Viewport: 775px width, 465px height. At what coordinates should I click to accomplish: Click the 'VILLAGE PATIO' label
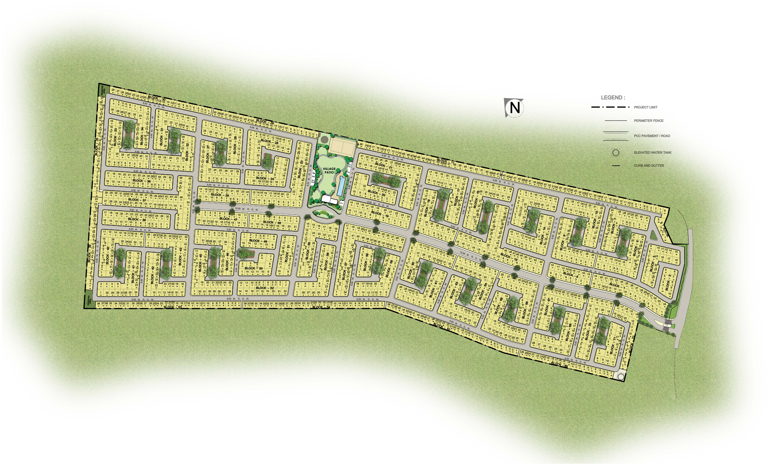click(x=329, y=170)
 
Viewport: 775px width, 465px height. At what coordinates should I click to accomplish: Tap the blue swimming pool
click(x=341, y=186)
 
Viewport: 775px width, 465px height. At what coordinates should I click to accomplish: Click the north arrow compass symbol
click(x=514, y=107)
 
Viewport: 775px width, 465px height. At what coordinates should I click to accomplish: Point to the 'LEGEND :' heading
click(x=613, y=98)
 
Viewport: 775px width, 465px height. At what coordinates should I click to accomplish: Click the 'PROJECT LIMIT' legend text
click(x=646, y=107)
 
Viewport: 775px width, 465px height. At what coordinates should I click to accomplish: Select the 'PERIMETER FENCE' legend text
click(x=649, y=121)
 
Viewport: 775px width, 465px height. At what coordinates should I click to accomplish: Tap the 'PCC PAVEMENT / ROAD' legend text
click(x=652, y=136)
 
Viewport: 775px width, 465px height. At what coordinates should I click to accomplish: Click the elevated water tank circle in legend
click(x=615, y=153)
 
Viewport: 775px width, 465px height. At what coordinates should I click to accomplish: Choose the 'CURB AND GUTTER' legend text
click(x=649, y=166)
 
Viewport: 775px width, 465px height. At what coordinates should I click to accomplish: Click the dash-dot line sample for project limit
click(x=610, y=107)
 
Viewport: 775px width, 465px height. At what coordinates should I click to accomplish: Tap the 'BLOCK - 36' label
click(x=141, y=181)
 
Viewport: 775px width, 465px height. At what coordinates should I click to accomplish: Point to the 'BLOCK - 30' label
click(x=157, y=98)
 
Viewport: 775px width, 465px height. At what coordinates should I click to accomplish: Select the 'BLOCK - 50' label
click(x=253, y=268)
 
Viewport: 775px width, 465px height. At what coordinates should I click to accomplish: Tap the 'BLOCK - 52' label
click(x=265, y=288)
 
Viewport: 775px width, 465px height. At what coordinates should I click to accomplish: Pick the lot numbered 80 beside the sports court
click(x=361, y=145)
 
